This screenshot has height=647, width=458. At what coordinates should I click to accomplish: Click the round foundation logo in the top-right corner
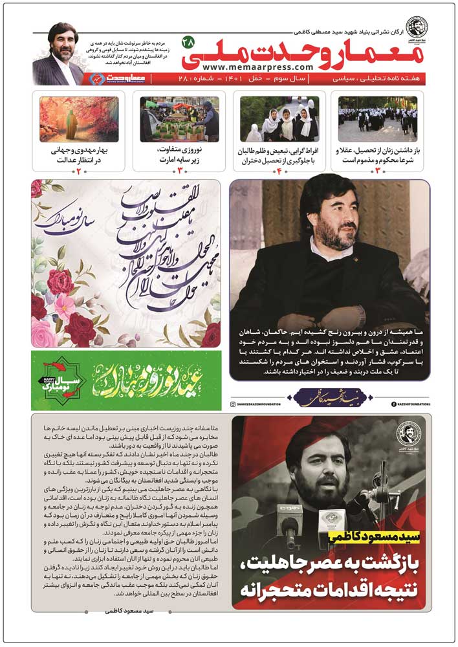pyautogui.click(x=417, y=27)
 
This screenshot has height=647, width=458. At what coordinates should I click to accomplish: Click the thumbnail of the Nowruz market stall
pyautogui.click(x=179, y=119)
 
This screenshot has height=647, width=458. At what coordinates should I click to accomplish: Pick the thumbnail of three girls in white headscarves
pyautogui.click(x=279, y=119)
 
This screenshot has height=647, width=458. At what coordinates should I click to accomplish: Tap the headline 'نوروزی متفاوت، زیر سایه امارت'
pyautogui.click(x=180, y=155)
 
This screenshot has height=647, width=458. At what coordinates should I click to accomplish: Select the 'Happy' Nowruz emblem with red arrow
pyautogui.click(x=61, y=381)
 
